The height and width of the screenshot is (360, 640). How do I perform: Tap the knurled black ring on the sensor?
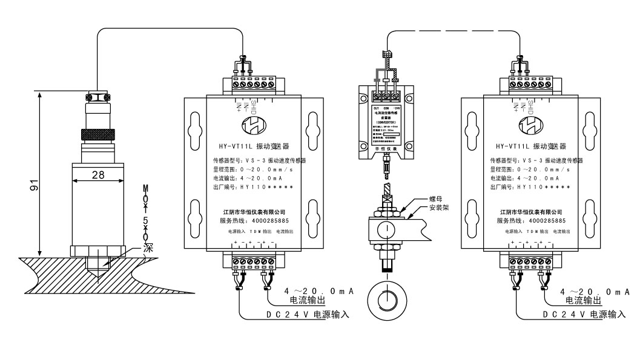coord(97,134)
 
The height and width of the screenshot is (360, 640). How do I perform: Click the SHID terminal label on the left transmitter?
coord(254,106)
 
